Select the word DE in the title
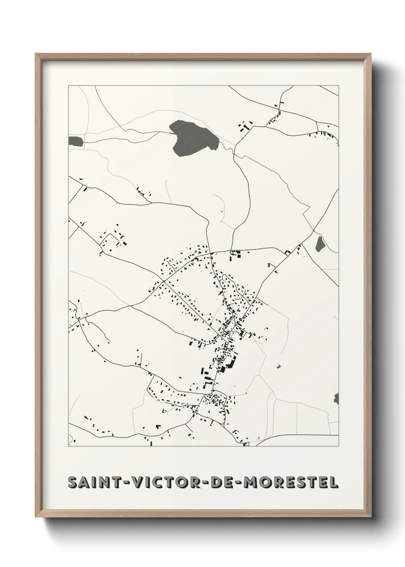[225, 483]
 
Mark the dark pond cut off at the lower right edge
[336, 398]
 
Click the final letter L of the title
[334, 483]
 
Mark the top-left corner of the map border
[69, 86]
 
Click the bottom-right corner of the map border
[339, 446]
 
